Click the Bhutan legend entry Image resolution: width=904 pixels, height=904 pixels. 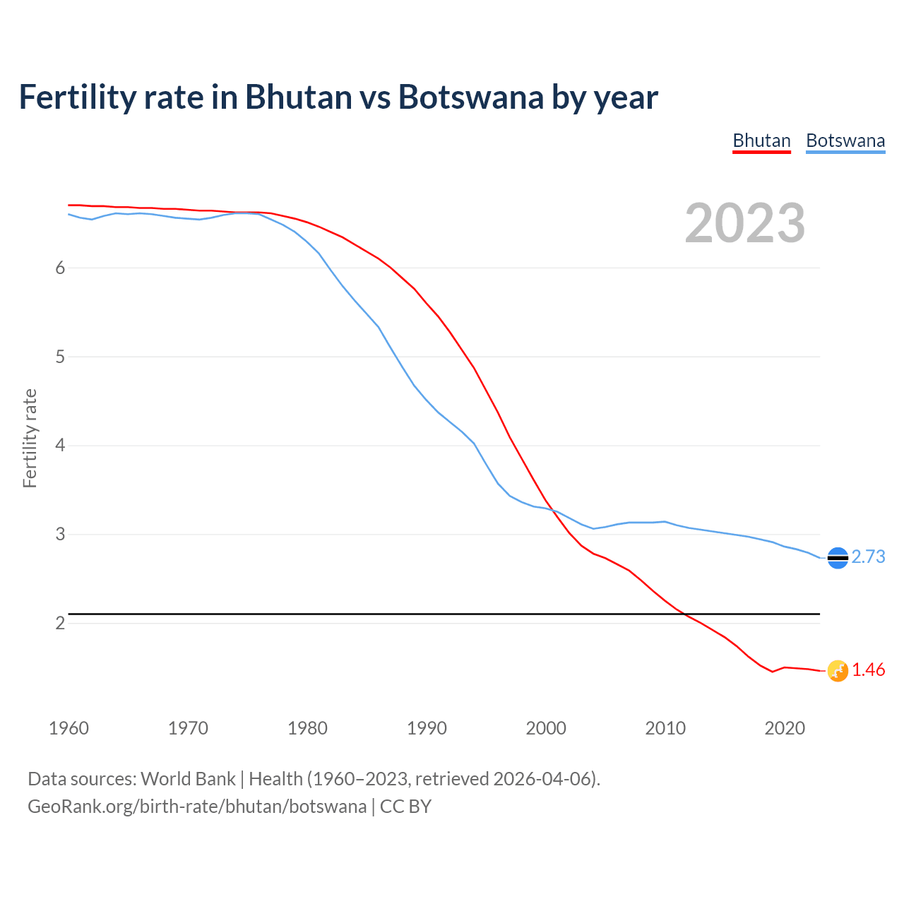pos(761,141)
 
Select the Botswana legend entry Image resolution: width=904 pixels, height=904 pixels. pos(845,141)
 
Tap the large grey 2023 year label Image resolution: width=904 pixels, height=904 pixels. pos(745,223)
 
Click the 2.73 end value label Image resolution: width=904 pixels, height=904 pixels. pos(868,557)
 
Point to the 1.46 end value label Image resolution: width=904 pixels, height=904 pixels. pos(868,670)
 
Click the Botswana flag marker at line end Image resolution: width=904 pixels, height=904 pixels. pos(838,558)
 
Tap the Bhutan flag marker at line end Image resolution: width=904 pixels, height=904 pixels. pos(838,671)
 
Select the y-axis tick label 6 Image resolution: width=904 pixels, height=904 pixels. pos(60,268)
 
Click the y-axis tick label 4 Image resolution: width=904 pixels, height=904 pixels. pos(60,446)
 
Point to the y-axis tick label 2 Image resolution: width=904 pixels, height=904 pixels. pos(60,623)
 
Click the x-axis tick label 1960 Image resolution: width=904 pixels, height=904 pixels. pos(69,728)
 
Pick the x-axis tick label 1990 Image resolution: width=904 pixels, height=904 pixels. pos(427,728)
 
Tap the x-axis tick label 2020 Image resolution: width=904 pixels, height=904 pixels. pos(785,728)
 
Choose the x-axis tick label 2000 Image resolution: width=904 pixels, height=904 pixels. pos(546,728)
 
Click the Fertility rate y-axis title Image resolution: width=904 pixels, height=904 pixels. pos(30,438)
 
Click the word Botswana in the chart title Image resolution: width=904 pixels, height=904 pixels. pos(470,97)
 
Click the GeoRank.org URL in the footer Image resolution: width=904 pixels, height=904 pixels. pos(197,807)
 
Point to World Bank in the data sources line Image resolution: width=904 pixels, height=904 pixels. pos(188,779)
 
